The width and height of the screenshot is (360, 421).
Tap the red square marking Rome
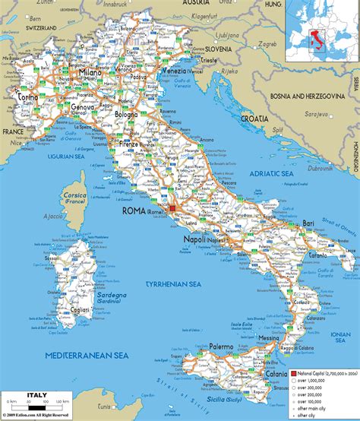point(173,207)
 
